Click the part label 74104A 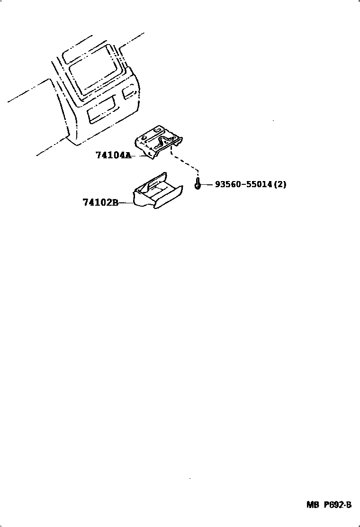[113, 155]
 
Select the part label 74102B [100, 203]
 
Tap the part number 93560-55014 [243, 184]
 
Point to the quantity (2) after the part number [280, 184]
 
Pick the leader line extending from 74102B [126, 203]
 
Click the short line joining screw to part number [207, 184]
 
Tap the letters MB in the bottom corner [313, 505]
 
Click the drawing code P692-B [338, 505]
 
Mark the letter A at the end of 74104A [127, 155]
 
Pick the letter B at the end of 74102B [115, 203]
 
